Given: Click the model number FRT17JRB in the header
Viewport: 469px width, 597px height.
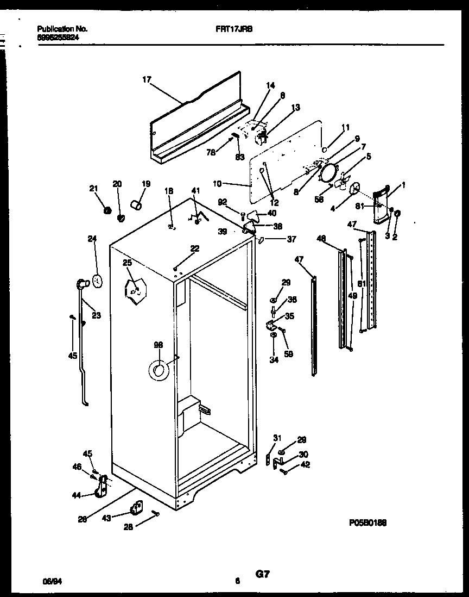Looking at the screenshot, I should click(x=226, y=28).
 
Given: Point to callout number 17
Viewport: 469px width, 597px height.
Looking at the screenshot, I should click(x=147, y=79).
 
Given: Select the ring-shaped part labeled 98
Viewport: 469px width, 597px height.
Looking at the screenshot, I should click(x=159, y=371).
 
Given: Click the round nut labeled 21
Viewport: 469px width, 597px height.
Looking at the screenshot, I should click(x=107, y=209).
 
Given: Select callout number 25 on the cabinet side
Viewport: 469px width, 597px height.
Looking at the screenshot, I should click(x=127, y=263).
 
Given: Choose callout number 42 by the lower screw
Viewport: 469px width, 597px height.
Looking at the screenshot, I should click(x=306, y=464).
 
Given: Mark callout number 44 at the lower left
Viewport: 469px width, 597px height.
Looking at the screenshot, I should click(x=77, y=495).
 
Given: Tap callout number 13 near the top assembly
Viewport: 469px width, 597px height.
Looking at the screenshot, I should click(x=295, y=108).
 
